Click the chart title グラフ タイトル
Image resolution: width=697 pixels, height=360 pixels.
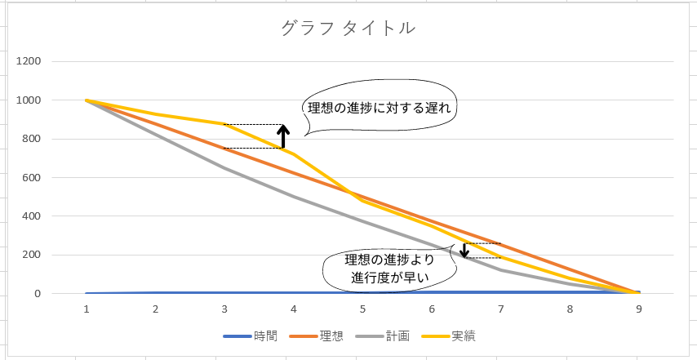(348, 29)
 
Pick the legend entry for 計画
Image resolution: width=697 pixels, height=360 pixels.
(397, 336)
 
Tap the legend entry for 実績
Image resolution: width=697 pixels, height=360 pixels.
(463, 336)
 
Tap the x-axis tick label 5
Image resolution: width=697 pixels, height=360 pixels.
(362, 309)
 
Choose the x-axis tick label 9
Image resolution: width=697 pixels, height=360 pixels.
(638, 309)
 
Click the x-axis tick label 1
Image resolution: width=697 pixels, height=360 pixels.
(87, 309)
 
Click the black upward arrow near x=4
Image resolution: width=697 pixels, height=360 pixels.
(282, 136)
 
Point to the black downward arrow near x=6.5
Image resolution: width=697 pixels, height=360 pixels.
(464, 250)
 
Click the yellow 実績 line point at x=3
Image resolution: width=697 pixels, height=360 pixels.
(224, 124)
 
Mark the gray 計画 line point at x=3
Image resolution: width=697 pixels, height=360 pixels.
(224, 168)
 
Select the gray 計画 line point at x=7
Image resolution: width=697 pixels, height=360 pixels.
(500, 270)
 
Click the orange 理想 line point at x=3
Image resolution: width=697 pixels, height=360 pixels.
(224, 149)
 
